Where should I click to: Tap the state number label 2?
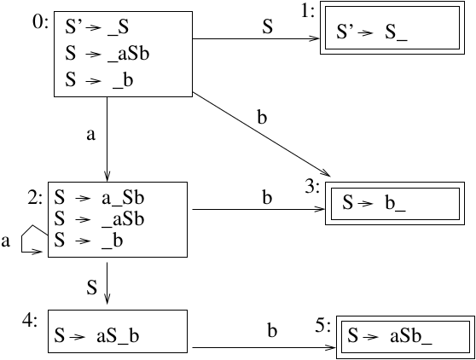37,198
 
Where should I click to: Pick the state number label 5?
325,325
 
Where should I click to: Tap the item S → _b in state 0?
94,81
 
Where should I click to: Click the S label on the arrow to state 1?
267,27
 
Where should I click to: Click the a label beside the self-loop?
7,242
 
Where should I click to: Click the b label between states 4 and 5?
272,328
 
